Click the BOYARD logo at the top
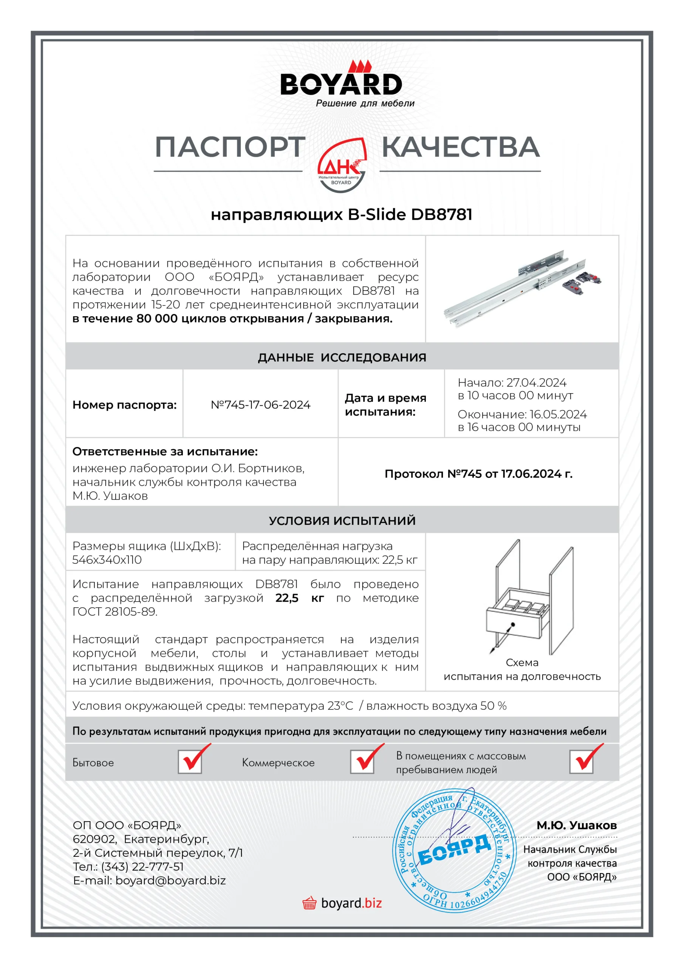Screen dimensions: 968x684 [x=341, y=84]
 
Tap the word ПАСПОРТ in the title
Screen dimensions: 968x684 [x=230, y=147]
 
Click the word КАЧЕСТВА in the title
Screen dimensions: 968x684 [x=460, y=147]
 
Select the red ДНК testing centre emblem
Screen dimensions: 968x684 [x=341, y=165]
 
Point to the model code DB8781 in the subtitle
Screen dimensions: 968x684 [x=441, y=215]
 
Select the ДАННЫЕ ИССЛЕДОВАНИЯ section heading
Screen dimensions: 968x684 [x=342, y=358]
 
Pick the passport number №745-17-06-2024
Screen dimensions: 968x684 [x=260, y=405]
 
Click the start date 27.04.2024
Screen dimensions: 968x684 [x=536, y=383]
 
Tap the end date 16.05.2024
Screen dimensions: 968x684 [x=558, y=414]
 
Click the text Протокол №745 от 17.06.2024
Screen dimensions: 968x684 [x=478, y=474]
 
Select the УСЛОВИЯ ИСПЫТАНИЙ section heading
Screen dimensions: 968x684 [x=342, y=521]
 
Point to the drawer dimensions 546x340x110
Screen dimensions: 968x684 [x=107, y=560]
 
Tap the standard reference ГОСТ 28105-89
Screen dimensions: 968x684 [x=114, y=612]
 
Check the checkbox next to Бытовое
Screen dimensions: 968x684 [x=190, y=762]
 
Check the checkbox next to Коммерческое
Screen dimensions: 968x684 [x=362, y=762]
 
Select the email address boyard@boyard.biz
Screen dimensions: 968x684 [x=171, y=881]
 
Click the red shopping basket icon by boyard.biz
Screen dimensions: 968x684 [x=310, y=903]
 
